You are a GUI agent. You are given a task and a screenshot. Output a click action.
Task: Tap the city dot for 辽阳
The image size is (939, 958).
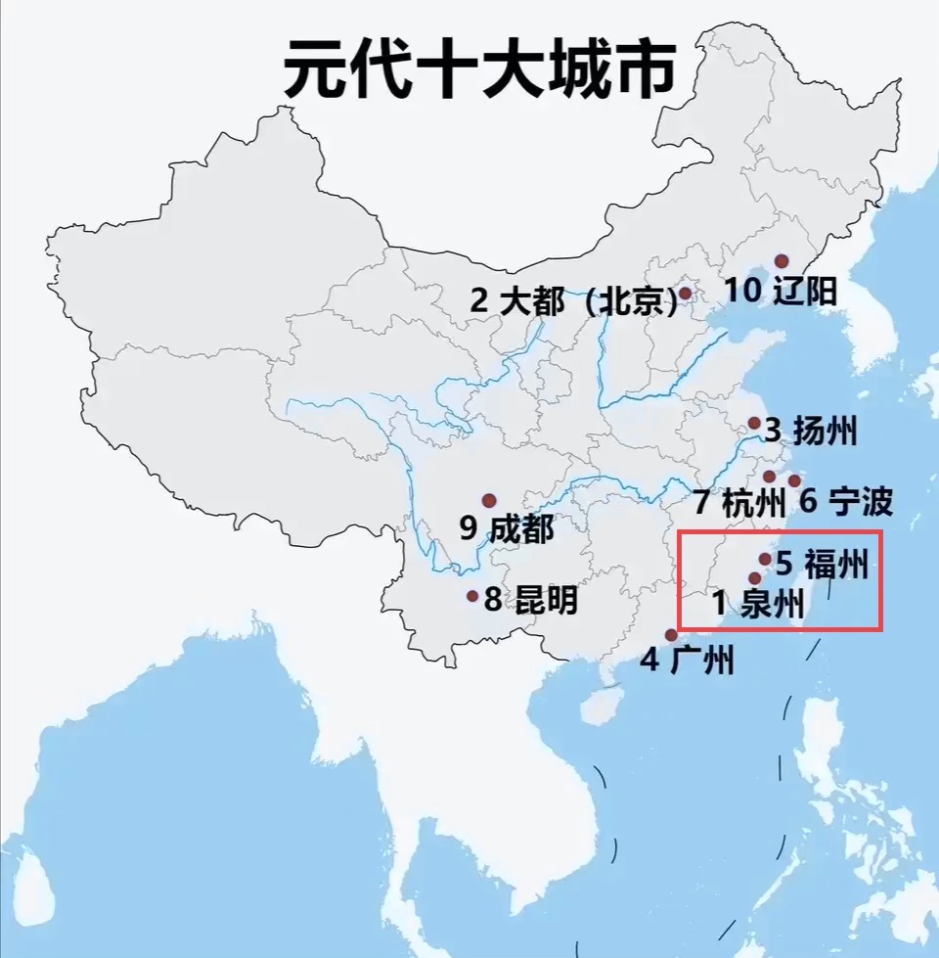click(782, 261)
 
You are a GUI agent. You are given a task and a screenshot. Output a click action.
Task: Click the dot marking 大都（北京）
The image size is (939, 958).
click(686, 293)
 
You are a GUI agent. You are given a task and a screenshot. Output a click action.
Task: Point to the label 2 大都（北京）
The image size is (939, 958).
click(573, 300)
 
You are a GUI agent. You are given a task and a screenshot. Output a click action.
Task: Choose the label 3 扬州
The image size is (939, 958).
click(812, 431)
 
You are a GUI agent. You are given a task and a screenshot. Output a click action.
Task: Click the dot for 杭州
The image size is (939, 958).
click(770, 477)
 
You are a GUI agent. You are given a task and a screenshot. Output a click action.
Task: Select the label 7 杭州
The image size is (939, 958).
click(740, 503)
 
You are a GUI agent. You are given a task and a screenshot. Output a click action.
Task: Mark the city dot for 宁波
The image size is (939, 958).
click(794, 480)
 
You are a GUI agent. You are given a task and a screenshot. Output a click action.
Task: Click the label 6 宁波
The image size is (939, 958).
click(846, 502)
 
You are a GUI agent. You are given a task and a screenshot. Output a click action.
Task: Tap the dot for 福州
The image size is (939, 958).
click(765, 559)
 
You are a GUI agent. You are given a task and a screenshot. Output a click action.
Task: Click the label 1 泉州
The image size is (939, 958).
click(759, 603)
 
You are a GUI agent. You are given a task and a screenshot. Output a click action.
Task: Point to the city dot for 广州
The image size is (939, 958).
click(670, 635)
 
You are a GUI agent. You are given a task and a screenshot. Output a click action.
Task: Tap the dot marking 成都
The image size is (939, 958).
click(489, 500)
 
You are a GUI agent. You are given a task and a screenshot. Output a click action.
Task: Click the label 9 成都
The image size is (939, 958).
click(507, 529)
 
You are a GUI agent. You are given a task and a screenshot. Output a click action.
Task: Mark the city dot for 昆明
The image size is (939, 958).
click(472, 595)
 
